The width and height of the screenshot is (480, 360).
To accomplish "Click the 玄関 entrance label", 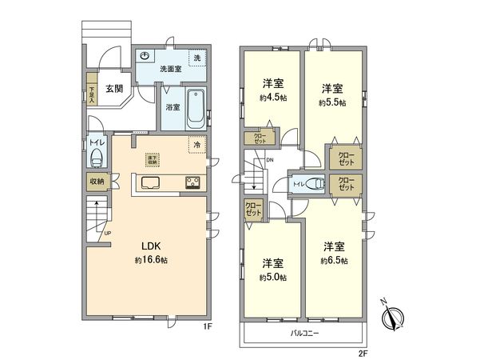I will [x=113, y=89].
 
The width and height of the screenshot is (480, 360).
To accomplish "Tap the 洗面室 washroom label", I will [x=169, y=70].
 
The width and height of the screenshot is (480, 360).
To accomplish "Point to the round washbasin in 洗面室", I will [x=145, y=55].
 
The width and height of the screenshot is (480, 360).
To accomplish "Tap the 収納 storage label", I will [x=97, y=182].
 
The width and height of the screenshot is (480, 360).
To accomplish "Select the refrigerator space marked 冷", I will [x=196, y=146].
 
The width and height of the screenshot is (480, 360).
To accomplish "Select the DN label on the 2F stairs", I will [x=270, y=160].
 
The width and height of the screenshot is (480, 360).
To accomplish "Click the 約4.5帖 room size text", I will [x=272, y=98].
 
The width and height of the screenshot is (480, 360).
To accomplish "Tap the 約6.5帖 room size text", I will [x=334, y=261].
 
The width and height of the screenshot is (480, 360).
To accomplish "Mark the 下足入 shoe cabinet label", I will [x=92, y=94].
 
